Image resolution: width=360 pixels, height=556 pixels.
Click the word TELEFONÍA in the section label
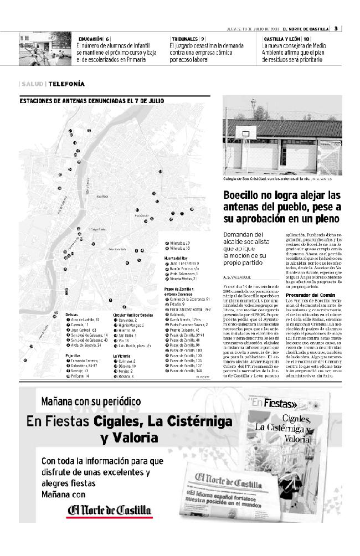pyautogui.click(x=66, y=84)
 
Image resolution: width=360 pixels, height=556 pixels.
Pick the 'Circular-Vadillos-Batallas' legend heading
pyautogui.click(x=132, y=315)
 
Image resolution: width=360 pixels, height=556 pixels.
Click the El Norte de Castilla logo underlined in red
pyautogui.click(x=109, y=510)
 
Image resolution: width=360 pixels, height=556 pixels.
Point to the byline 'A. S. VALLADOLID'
pyautogui.click(x=241, y=276)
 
